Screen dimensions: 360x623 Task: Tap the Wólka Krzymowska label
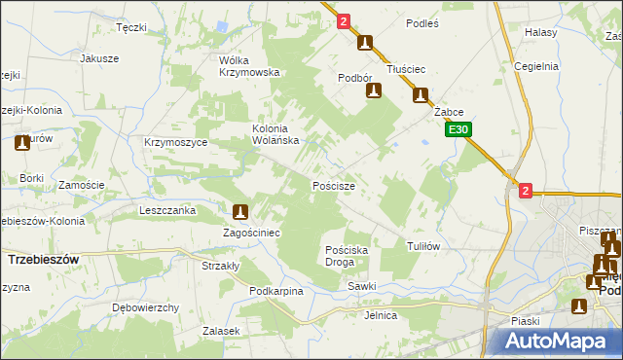[x=249, y=66]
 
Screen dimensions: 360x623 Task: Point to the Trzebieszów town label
[x=43, y=260]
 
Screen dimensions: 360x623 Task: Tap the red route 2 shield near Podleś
[x=344, y=20]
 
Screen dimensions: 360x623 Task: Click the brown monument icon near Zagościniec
[x=240, y=211]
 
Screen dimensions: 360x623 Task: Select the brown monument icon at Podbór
[x=372, y=90]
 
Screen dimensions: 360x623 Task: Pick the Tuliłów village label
[x=423, y=246]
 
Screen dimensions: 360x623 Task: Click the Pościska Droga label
[x=346, y=256]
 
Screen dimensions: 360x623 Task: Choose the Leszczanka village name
[x=168, y=209]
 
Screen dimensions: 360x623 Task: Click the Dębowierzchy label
[x=145, y=307]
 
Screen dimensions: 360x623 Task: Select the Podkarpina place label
[x=276, y=291]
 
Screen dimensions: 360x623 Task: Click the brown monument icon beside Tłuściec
[x=421, y=95]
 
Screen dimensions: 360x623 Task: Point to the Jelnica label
[x=381, y=315]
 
